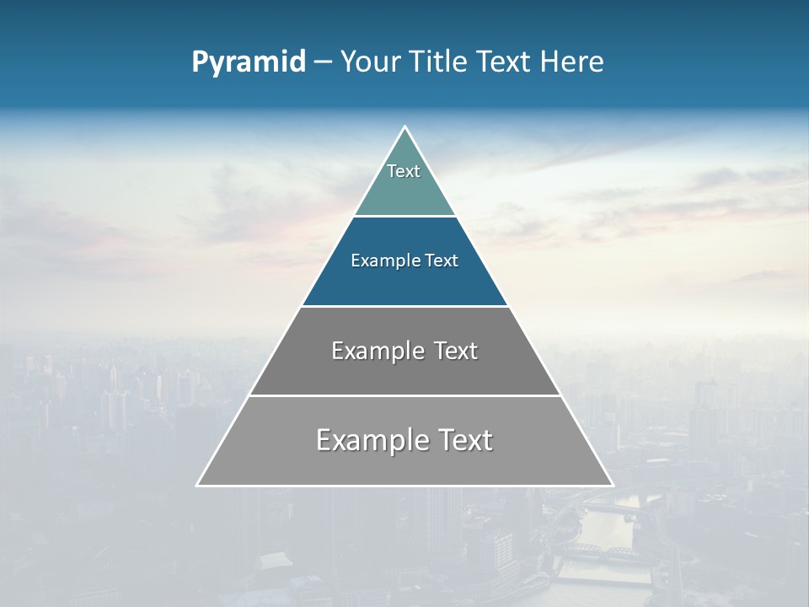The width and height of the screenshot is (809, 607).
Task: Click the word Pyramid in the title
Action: (249, 62)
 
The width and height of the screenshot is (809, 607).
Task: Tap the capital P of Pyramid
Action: (200, 62)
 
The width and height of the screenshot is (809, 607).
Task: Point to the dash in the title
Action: (323, 62)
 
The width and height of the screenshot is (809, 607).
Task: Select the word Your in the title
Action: (370, 62)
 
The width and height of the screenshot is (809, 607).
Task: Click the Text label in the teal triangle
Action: (404, 171)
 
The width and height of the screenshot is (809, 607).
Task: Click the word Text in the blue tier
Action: (442, 261)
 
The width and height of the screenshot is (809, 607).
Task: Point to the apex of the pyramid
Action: (404, 127)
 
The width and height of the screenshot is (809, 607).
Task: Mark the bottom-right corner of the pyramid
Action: (612, 485)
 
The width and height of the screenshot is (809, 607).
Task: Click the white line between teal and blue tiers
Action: (404, 216)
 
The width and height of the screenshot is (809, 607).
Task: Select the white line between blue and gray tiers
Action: (404, 306)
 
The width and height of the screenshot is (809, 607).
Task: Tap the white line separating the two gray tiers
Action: (404, 395)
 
